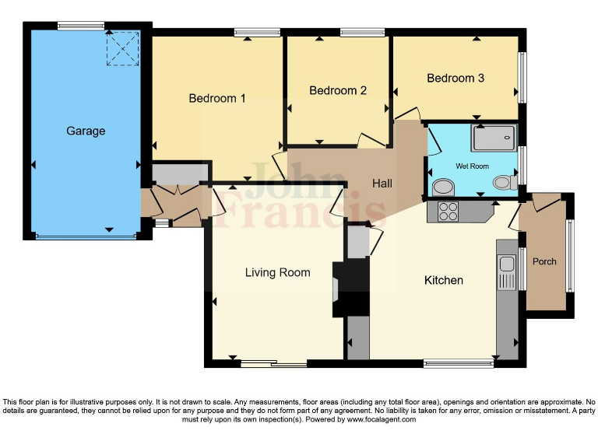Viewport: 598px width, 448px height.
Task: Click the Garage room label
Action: [x=86, y=131]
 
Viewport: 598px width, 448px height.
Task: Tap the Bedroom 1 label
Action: [x=217, y=99]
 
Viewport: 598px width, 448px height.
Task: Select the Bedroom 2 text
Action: [x=338, y=91]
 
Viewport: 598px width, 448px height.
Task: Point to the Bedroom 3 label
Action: [x=456, y=79]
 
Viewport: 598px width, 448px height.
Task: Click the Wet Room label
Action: [x=472, y=166]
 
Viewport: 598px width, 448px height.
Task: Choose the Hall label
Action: [x=382, y=184]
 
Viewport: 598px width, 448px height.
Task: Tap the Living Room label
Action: [x=277, y=273]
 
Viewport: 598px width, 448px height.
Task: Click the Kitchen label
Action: [x=444, y=280]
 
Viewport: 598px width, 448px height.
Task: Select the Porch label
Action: [x=544, y=261]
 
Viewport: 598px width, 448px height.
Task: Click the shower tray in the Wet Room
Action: [x=493, y=138]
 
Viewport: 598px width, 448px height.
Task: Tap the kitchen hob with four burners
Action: [x=448, y=212]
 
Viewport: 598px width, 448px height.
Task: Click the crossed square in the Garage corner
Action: [x=122, y=48]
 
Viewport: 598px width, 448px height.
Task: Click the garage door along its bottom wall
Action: [x=86, y=236]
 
